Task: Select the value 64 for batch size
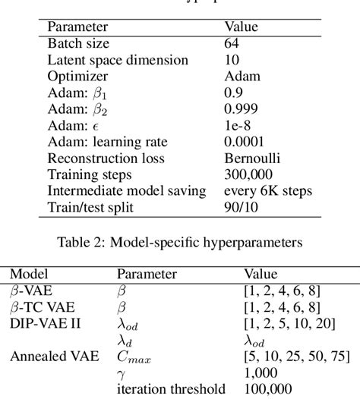pos(232,44)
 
